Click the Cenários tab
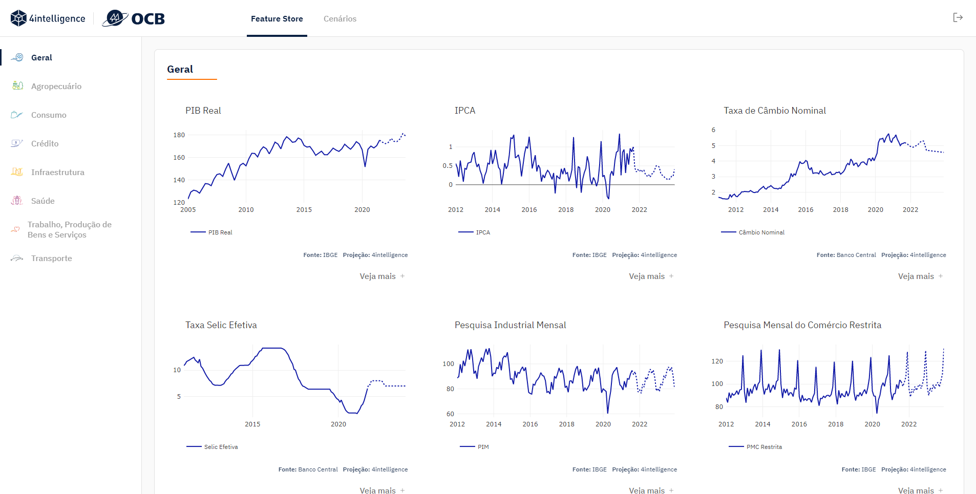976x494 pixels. pyautogui.click(x=340, y=19)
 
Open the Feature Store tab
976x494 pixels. pyautogui.click(x=277, y=19)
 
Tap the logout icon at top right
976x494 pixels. pyautogui.click(x=958, y=18)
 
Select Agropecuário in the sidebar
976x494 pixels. pyautogui.click(x=56, y=87)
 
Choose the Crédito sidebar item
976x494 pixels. pyautogui.click(x=45, y=144)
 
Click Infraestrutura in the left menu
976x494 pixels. pyautogui.click(x=58, y=173)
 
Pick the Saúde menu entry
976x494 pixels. pyautogui.click(x=43, y=201)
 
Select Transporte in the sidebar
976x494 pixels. pyautogui.click(x=52, y=259)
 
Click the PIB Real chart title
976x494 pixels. pyautogui.click(x=203, y=111)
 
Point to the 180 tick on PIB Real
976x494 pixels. pyautogui.click(x=179, y=135)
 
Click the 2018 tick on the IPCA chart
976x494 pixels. pyautogui.click(x=566, y=210)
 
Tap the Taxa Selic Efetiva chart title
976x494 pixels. pyautogui.click(x=221, y=325)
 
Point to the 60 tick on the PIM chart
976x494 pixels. pyautogui.click(x=450, y=414)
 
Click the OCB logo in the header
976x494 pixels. pyautogui.click(x=134, y=18)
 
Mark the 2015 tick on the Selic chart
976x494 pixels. pyautogui.click(x=252, y=424)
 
